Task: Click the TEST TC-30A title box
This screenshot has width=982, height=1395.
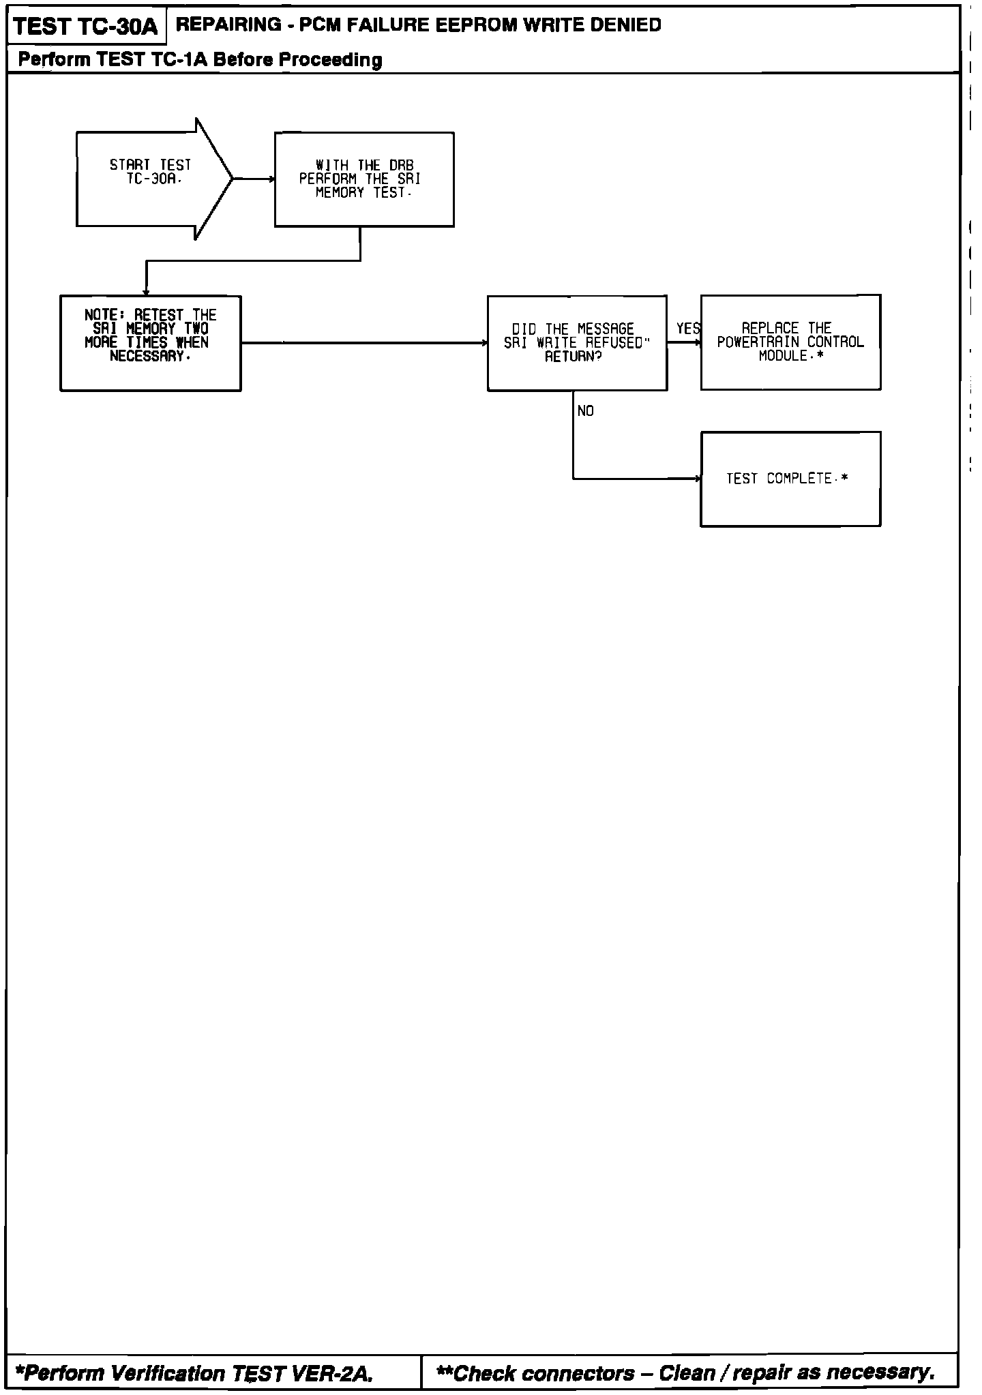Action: pyautogui.click(x=85, y=27)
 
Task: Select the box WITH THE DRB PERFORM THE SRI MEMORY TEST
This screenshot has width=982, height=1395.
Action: pyautogui.click(x=364, y=179)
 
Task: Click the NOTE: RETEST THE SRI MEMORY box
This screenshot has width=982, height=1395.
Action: pyautogui.click(x=151, y=343)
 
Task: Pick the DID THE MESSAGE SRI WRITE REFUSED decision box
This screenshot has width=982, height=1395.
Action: pyautogui.click(x=577, y=343)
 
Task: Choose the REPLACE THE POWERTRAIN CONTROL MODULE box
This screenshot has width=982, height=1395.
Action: pyautogui.click(x=790, y=342)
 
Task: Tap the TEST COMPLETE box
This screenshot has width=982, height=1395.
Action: pyautogui.click(x=790, y=479)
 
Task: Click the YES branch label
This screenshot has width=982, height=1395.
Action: pyautogui.click(x=687, y=329)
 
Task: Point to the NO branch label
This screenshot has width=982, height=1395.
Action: pyautogui.click(x=585, y=411)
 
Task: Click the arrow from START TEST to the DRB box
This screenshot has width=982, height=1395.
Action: pyautogui.click(x=254, y=179)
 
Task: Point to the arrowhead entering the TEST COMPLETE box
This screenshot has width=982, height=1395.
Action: pyautogui.click(x=697, y=479)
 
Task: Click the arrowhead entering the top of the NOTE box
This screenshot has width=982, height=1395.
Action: pyautogui.click(x=146, y=292)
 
